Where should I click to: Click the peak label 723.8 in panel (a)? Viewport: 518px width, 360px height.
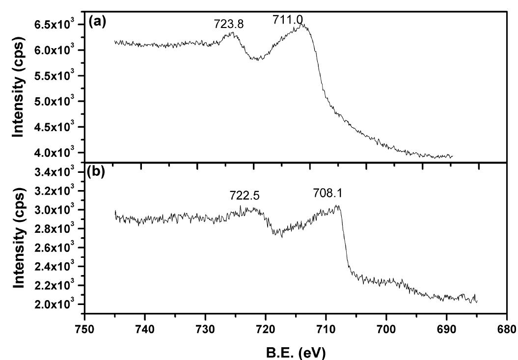tap(229, 24)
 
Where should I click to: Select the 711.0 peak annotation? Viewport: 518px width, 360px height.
tap(288, 20)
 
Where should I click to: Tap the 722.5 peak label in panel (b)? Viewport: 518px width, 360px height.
tap(244, 195)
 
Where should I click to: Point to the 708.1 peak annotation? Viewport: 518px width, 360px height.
tap(327, 194)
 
